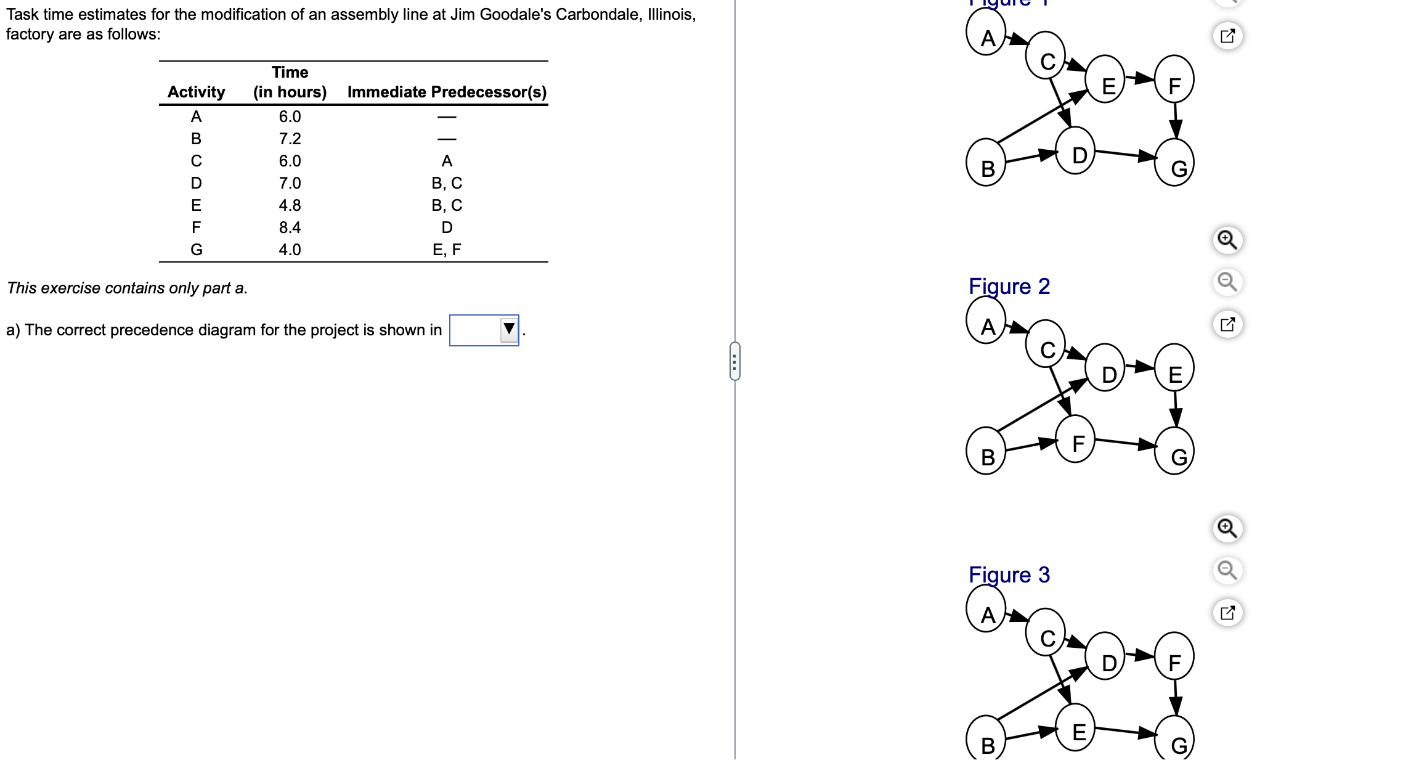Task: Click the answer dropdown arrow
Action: [508, 330]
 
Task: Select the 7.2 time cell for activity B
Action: [290, 139]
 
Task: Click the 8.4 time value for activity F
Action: [290, 227]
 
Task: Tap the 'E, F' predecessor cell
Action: [447, 250]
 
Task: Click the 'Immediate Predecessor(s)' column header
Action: [447, 92]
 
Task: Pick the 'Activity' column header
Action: [196, 92]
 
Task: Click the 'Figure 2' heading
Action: [1009, 287]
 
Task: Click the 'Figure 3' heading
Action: [1009, 575]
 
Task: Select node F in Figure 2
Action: [1076, 440]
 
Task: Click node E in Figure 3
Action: [1076, 729]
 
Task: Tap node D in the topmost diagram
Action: [1076, 152]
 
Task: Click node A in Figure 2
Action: [986, 324]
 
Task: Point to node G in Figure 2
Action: [1175, 452]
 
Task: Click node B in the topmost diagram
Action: [986, 164]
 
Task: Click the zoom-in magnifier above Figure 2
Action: [1227, 240]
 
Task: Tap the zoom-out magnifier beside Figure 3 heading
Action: [1227, 570]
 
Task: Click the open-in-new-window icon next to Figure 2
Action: [1227, 324]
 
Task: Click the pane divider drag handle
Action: [734, 361]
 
